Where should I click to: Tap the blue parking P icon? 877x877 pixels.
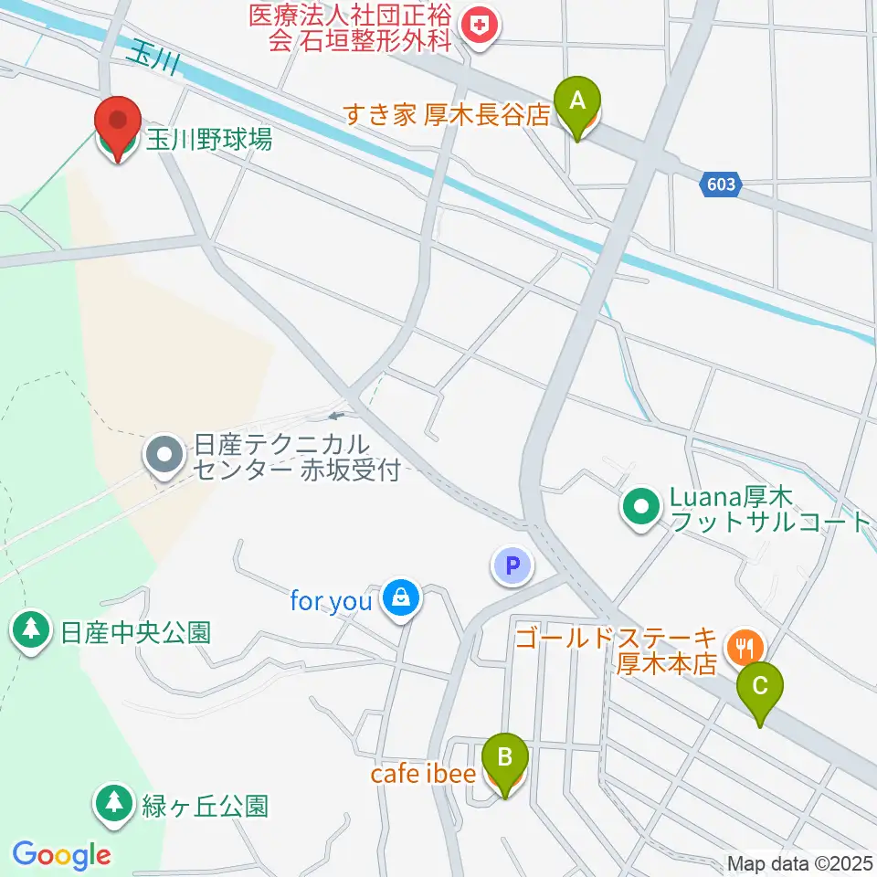(x=512, y=566)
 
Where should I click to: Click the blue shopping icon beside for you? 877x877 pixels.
(x=400, y=600)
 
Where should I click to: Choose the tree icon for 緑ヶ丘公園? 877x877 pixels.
(x=114, y=805)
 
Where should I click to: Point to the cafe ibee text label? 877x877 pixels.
(x=423, y=774)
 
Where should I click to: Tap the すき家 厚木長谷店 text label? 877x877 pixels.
(x=446, y=116)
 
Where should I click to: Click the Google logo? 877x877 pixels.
(x=61, y=855)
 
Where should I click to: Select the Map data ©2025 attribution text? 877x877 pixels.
(x=800, y=863)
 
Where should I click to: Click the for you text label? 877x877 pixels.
(x=331, y=601)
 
